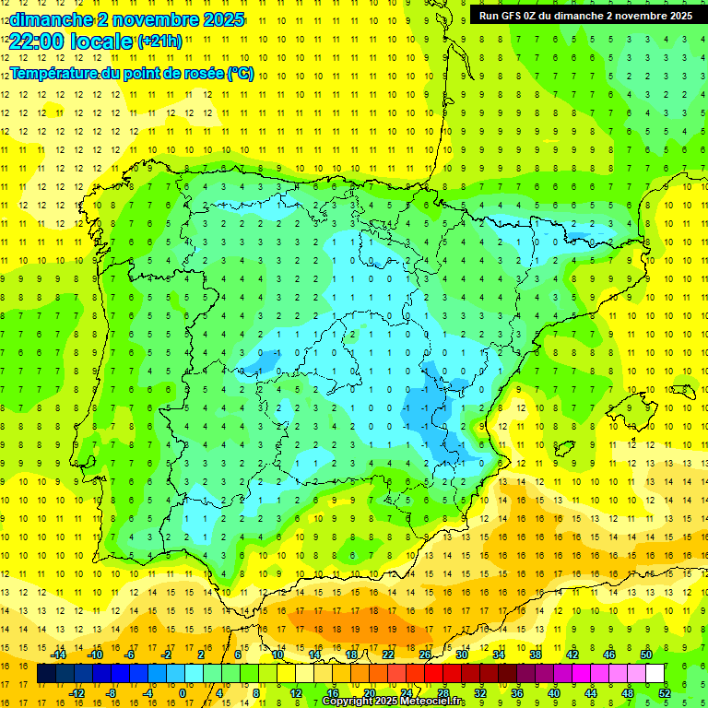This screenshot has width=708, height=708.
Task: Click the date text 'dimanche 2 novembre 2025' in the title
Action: (x=127, y=18)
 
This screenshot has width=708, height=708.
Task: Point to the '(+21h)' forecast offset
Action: (x=159, y=41)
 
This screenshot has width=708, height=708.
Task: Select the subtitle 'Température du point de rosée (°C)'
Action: (x=132, y=74)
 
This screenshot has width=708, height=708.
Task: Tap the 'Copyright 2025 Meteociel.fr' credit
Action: (x=394, y=702)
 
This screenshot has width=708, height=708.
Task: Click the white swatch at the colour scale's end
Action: (x=655, y=674)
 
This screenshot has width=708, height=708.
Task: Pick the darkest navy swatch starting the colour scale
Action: (x=46, y=674)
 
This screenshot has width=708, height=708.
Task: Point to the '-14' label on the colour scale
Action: (x=59, y=655)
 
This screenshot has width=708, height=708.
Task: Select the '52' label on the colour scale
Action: (x=665, y=693)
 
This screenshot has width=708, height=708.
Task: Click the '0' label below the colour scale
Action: (x=183, y=693)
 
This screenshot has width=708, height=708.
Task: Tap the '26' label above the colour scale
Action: (x=424, y=655)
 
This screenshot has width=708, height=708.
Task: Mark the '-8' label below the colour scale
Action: (x=112, y=693)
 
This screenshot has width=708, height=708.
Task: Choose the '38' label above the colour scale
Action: (x=535, y=655)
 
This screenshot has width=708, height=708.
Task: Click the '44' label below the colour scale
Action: (x=590, y=693)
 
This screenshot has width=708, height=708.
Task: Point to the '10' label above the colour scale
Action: (x=277, y=655)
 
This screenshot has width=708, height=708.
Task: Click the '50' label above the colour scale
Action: (x=646, y=655)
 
